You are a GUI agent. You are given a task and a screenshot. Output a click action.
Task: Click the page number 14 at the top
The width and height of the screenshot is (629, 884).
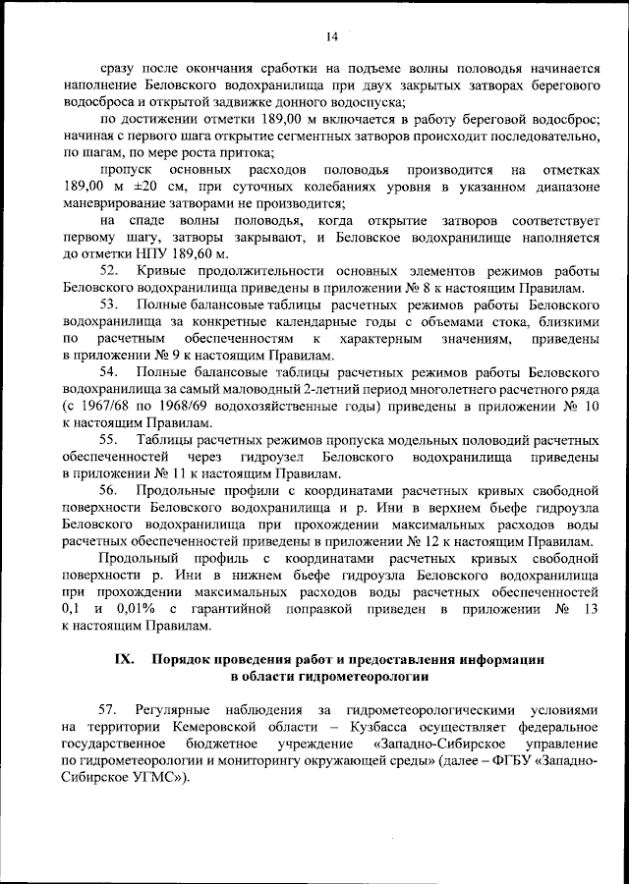[331, 36]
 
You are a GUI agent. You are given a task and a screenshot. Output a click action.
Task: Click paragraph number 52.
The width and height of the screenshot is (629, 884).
[110, 271]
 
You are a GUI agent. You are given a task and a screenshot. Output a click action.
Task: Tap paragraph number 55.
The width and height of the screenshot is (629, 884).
[110, 440]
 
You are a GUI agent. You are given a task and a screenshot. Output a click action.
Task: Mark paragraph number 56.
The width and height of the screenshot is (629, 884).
[110, 490]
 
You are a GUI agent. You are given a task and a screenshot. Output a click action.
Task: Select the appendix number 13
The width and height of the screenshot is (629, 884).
[590, 609]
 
